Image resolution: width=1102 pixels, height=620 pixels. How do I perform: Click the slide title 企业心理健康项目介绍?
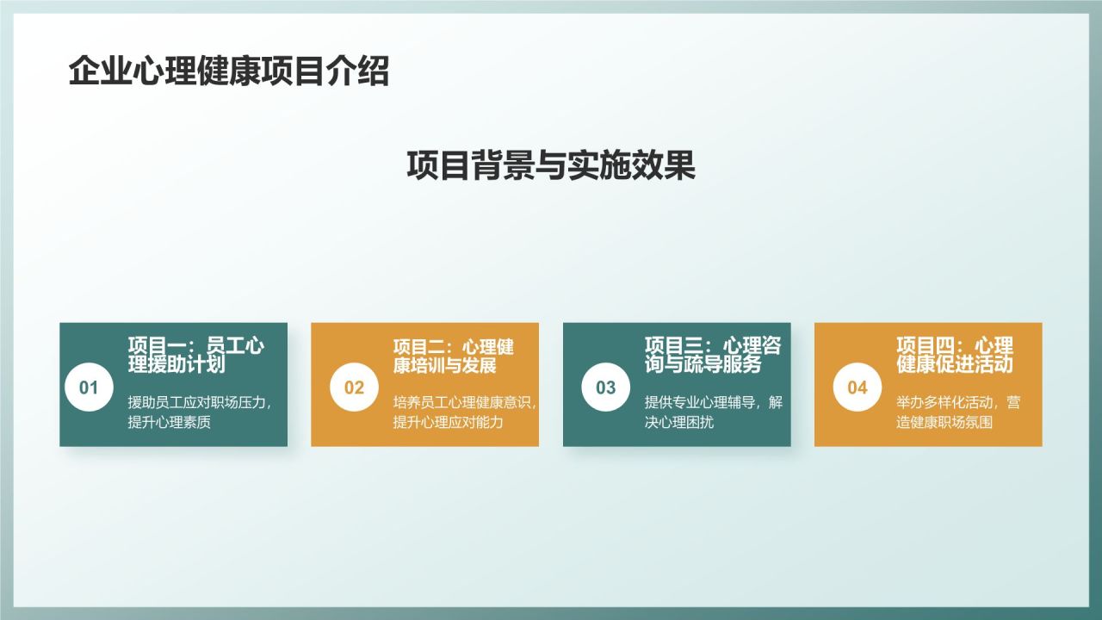pos(229,72)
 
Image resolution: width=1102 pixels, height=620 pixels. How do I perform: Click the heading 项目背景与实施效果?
pos(551,165)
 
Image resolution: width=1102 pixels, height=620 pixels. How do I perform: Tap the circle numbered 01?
pos(89,387)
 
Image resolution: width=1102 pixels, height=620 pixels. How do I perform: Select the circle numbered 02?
pos(354,387)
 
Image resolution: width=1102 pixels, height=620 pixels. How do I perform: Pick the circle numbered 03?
pos(605,387)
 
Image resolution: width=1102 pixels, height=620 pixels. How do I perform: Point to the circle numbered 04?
pos(857,387)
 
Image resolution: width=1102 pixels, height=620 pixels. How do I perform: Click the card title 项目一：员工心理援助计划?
pos(196,355)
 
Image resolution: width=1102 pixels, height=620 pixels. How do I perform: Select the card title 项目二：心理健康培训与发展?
pos(454,355)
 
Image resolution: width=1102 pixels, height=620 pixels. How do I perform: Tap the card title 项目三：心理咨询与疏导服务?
pos(714,355)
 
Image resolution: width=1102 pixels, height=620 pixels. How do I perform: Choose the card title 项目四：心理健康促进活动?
pos(955,355)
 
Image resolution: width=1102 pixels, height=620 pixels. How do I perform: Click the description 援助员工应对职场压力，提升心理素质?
pos(200,412)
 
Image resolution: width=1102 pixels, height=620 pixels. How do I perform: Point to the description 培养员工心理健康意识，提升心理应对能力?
pos(465,412)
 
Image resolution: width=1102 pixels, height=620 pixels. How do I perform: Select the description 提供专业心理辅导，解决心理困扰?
pos(714,412)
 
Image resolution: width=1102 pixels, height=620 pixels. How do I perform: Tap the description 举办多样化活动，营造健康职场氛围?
pos(957,412)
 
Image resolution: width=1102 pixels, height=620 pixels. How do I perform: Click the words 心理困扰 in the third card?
pos(688,422)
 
